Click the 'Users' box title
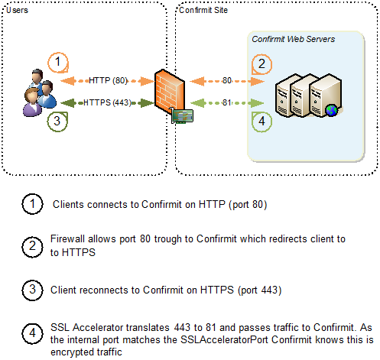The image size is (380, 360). click(x=16, y=9)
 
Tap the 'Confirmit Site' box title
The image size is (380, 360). click(x=203, y=9)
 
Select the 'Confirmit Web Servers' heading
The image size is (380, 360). click(x=293, y=38)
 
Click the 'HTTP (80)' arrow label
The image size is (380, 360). click(x=108, y=80)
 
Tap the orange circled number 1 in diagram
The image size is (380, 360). click(x=58, y=62)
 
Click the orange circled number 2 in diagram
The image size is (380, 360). click(x=261, y=63)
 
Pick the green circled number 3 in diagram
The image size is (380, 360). click(x=58, y=121)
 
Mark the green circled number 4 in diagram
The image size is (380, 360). click(x=261, y=120)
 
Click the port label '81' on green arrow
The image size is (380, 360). click(x=227, y=103)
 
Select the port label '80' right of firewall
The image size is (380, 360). click(x=227, y=80)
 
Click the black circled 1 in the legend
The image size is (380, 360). click(x=33, y=204)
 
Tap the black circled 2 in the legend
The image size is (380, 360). click(x=33, y=245)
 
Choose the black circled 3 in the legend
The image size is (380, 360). click(x=33, y=290)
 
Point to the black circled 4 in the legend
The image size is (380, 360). click(x=33, y=333)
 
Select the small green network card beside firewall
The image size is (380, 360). click(x=182, y=115)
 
